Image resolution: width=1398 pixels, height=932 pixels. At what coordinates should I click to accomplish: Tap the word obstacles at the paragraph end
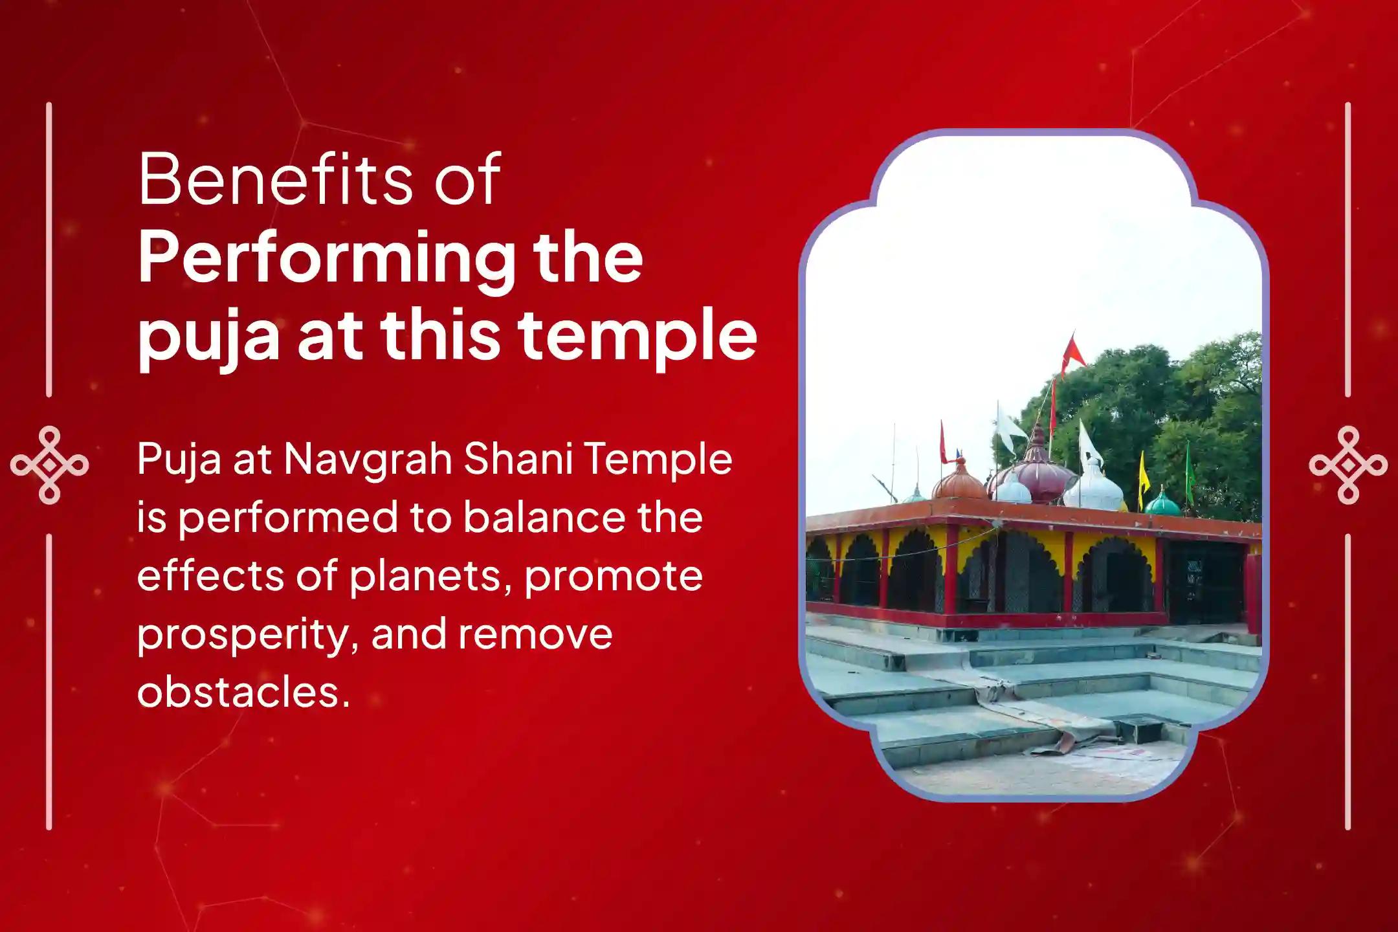tap(243, 692)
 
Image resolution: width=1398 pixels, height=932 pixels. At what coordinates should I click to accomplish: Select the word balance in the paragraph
tap(544, 517)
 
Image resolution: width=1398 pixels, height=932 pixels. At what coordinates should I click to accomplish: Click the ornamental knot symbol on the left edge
tap(49, 465)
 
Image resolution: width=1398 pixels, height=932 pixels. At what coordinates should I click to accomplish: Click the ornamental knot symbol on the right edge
tap(1348, 465)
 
